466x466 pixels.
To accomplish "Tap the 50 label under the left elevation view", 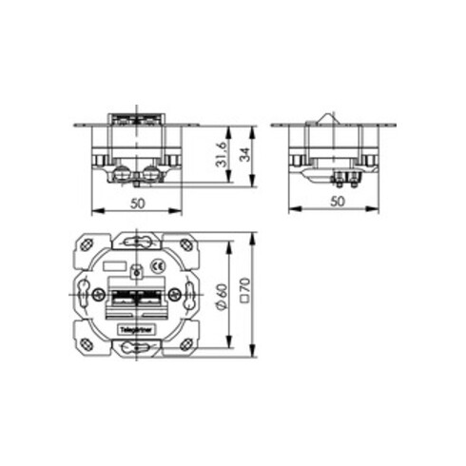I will (137, 203).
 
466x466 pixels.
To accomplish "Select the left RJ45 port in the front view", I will (122, 299).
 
